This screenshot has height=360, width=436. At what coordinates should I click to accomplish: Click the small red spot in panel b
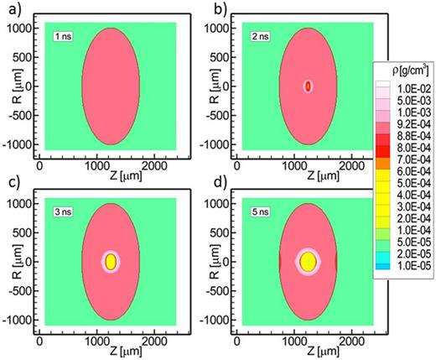pyautogui.click(x=308, y=86)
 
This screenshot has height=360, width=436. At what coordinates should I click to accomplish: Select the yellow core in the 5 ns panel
pyautogui.click(x=307, y=261)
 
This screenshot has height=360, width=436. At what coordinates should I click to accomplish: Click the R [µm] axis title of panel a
pyautogui.click(x=7, y=86)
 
